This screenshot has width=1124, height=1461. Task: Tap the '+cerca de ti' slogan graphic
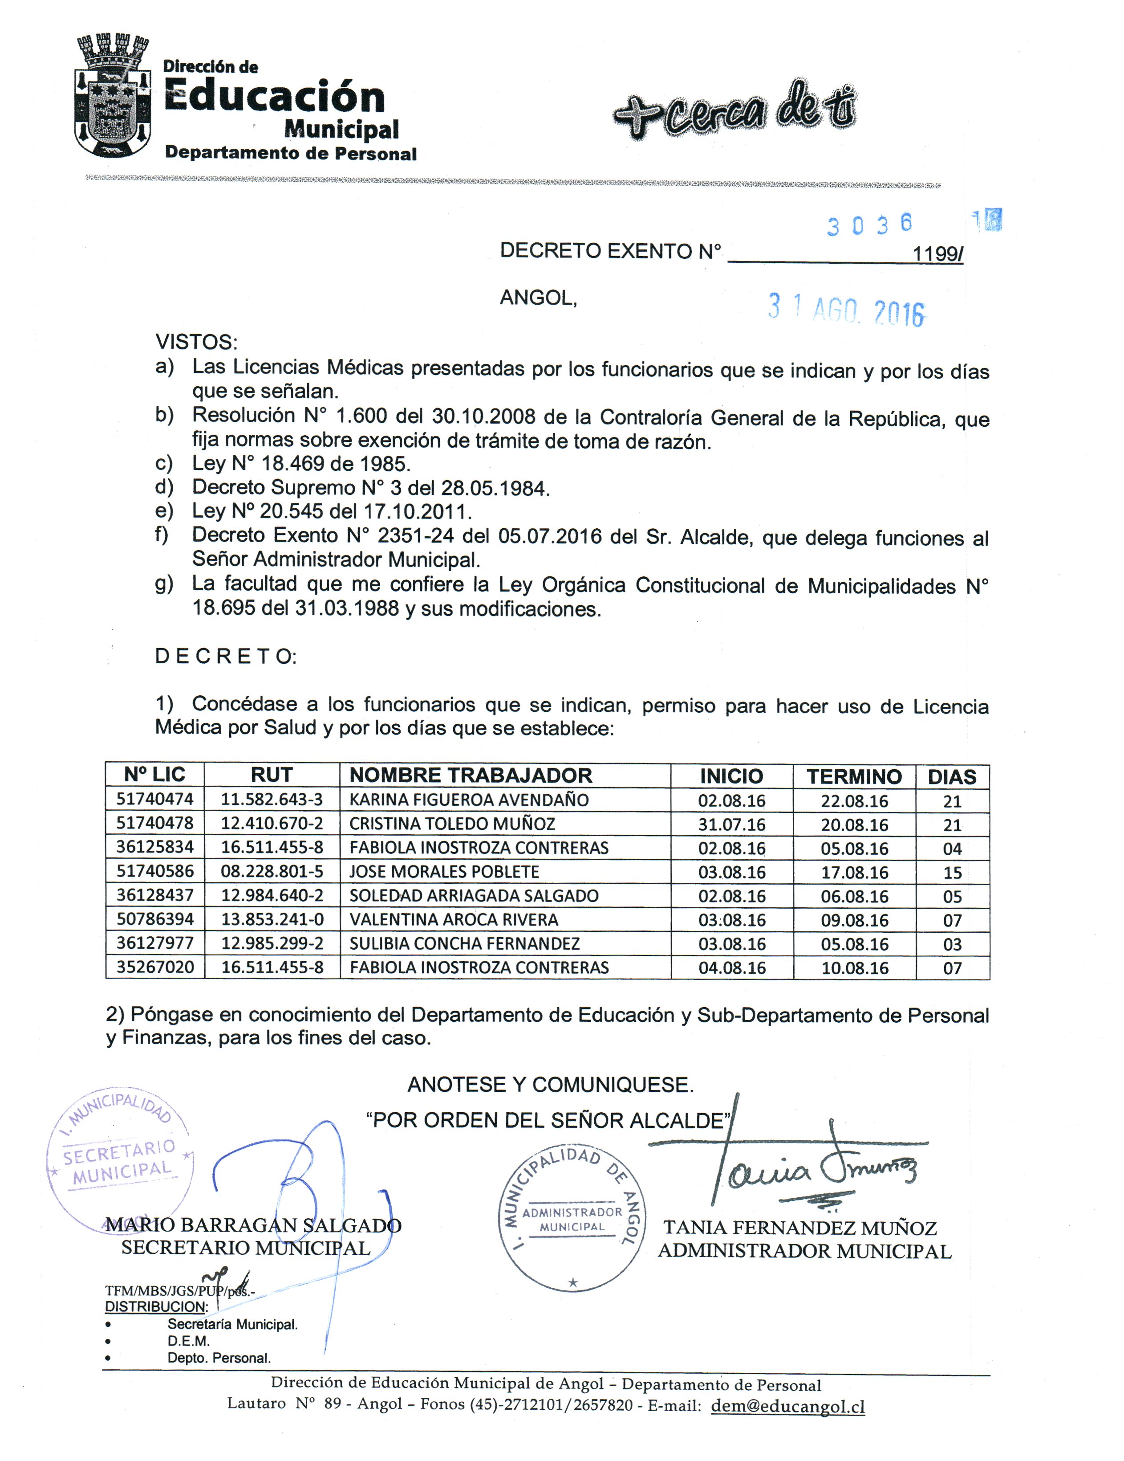pyautogui.click(x=734, y=110)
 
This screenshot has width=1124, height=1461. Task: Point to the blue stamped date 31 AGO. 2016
pyautogui.click(x=846, y=310)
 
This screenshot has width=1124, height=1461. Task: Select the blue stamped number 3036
pyautogui.click(x=868, y=225)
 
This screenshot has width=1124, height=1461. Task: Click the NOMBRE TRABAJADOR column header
pyautogui.click(x=470, y=775)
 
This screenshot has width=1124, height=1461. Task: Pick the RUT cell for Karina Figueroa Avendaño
pyautogui.click(x=272, y=800)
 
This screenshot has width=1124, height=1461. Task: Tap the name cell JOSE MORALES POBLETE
pyautogui.click(x=444, y=872)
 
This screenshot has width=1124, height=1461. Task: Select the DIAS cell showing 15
pyautogui.click(x=951, y=872)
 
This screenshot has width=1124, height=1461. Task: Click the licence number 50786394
pyautogui.click(x=154, y=919)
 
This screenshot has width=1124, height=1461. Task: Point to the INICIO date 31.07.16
pyautogui.click(x=731, y=824)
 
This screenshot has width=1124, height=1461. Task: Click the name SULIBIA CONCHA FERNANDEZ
pyautogui.click(x=464, y=943)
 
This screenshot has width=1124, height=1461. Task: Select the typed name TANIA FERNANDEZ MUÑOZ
pyautogui.click(x=799, y=1228)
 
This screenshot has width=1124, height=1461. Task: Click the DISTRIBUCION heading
pyautogui.click(x=156, y=1306)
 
